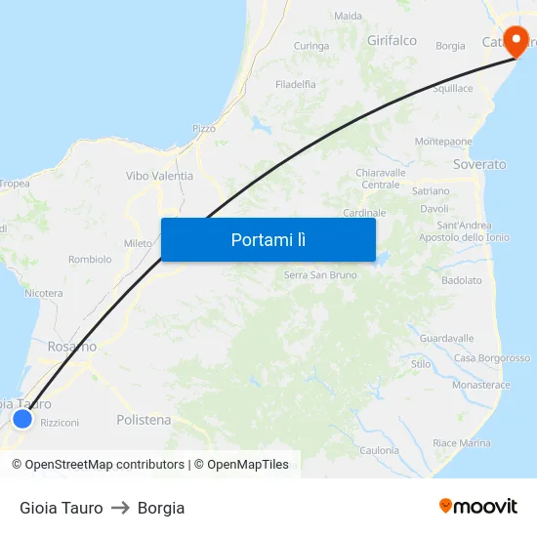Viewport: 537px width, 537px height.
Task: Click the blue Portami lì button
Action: [x=268, y=239]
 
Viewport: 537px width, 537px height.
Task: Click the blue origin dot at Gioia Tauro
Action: [x=22, y=419]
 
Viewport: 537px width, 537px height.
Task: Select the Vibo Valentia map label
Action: [x=159, y=176]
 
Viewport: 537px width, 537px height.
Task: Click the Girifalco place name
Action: [x=392, y=41]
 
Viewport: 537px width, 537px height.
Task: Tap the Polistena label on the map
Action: [x=144, y=420]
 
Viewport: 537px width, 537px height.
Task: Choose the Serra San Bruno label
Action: [x=319, y=275]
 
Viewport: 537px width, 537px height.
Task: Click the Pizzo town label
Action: [x=204, y=128]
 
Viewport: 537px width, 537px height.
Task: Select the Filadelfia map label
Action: [x=296, y=85]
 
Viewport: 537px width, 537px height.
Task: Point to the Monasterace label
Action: [x=480, y=385]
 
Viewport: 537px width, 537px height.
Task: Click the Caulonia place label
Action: [x=379, y=450]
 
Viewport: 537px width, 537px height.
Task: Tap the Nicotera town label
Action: [x=44, y=293]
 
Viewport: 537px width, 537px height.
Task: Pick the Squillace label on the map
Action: [x=452, y=89]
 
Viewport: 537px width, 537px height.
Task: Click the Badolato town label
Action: [x=461, y=280]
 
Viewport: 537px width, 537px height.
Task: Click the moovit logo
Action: [x=477, y=507]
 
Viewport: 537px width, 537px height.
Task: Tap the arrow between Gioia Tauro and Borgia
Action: [x=120, y=508]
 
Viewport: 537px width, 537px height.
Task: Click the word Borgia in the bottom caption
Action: [x=161, y=508]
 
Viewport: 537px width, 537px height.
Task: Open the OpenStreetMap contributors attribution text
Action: [x=104, y=465]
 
